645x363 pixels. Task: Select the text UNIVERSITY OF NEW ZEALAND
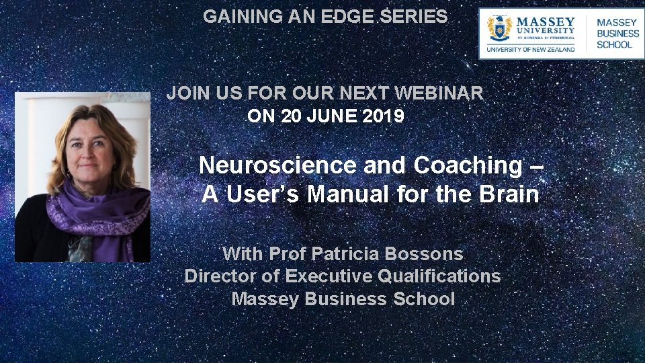coord(531,48)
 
